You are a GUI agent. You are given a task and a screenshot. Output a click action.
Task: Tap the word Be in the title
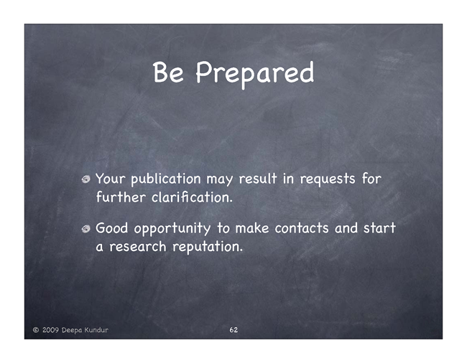(168, 72)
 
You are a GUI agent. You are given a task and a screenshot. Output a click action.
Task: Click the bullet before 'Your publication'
(86, 179)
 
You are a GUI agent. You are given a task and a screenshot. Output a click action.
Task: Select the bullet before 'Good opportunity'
(86, 229)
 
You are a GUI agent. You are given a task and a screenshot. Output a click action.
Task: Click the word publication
(166, 179)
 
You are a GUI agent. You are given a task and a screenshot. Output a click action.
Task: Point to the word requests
(328, 179)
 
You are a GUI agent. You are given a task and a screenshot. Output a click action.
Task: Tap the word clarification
(192, 197)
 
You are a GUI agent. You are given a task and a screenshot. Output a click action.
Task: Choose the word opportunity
(172, 230)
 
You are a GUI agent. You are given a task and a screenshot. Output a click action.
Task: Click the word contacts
(302, 229)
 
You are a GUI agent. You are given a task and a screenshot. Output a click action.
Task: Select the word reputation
(208, 247)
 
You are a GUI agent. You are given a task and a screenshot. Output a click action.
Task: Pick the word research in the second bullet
(138, 247)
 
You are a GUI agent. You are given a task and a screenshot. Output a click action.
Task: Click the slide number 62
(233, 330)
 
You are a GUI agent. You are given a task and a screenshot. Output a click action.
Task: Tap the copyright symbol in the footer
(36, 330)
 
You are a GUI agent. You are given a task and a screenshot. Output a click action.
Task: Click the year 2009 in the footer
(50, 330)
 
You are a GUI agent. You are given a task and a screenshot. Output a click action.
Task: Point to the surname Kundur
(96, 330)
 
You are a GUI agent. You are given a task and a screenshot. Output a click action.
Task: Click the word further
(121, 197)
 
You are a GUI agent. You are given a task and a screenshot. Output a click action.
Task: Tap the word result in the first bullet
(258, 179)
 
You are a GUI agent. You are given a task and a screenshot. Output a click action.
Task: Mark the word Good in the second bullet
(111, 229)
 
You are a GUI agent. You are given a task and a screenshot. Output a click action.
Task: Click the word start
(379, 229)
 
